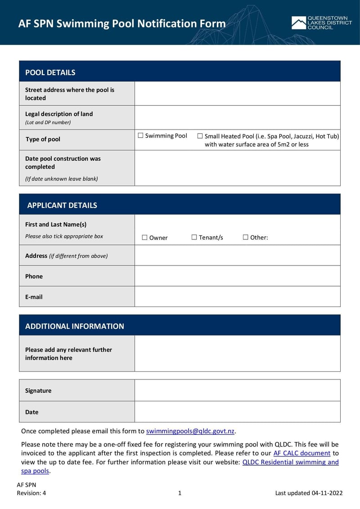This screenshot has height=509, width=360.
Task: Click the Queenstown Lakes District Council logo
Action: tap(321, 23)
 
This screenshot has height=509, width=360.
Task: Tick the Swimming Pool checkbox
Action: tap(141, 135)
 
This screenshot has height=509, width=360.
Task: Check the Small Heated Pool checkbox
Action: tap(200, 136)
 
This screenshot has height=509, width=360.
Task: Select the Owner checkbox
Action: tap(144, 238)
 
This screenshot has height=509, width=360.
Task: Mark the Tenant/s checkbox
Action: tap(194, 237)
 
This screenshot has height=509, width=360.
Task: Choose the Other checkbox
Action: tap(246, 237)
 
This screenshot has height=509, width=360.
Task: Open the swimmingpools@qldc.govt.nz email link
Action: tap(190, 431)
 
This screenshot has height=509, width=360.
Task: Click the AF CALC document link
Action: tap(301, 453)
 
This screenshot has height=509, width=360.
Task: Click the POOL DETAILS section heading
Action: tap(50, 72)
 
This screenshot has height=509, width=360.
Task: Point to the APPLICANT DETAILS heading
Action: tap(62, 205)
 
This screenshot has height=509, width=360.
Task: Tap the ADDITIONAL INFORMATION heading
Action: tap(75, 326)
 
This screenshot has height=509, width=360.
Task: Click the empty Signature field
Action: tap(237, 390)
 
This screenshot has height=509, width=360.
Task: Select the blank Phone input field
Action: tap(237, 276)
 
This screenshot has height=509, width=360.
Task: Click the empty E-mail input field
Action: tap(237, 297)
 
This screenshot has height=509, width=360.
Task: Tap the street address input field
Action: tap(237, 94)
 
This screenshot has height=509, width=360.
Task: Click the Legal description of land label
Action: tap(59, 114)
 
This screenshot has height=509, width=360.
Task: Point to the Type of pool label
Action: tap(43, 140)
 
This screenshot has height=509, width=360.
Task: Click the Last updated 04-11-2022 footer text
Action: tap(309, 493)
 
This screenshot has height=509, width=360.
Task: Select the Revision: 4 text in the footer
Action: tap(31, 493)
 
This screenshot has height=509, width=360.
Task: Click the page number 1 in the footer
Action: tap(180, 493)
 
